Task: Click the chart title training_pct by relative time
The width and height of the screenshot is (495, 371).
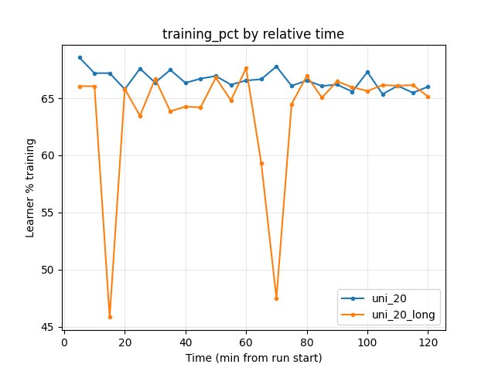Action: [253, 34]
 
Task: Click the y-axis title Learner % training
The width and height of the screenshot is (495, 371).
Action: [30, 187]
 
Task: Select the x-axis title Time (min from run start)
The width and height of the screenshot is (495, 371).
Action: [253, 358]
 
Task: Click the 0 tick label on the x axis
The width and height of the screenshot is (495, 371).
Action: [64, 342]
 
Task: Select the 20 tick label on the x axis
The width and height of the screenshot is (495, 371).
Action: [125, 342]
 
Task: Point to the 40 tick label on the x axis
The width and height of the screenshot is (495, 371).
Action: [186, 342]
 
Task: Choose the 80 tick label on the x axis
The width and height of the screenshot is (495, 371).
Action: [307, 342]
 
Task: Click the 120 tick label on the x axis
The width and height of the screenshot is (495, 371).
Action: [428, 342]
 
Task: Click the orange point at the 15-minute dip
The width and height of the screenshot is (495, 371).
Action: [110, 317]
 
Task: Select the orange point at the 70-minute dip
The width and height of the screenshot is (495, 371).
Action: [276, 298]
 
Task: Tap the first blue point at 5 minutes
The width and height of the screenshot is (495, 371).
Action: [80, 57]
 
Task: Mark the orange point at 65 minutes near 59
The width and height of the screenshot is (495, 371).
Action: [261, 163]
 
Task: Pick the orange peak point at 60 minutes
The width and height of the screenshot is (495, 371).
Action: [246, 68]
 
